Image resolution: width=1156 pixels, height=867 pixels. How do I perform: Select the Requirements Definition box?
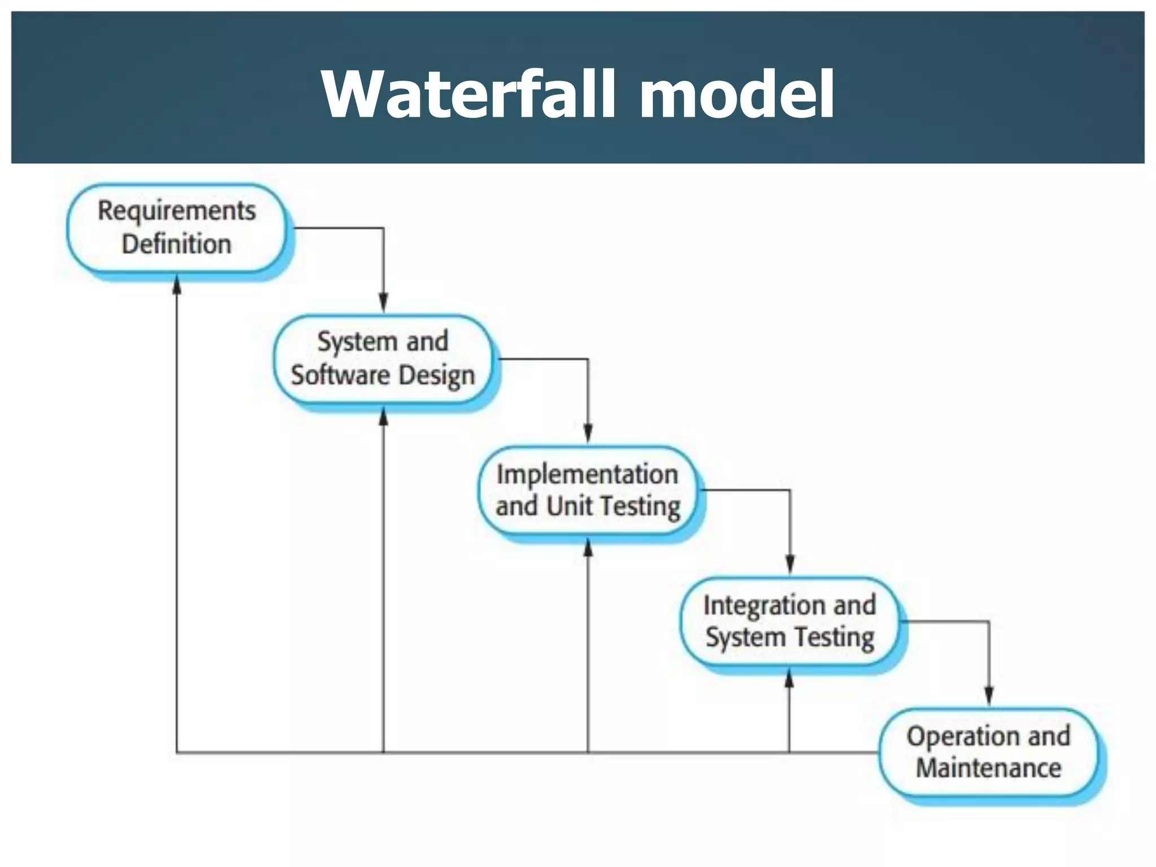coord(176,228)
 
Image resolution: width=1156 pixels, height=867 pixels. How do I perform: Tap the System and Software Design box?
coord(383,359)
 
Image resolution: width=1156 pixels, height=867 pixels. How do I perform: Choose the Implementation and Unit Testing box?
coord(587,490)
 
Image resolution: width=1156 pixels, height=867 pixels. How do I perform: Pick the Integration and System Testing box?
coord(789,621)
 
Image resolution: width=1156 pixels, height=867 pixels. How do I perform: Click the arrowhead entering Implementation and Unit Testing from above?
coord(588,433)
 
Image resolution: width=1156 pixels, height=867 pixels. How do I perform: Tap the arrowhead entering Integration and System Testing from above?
coord(790,564)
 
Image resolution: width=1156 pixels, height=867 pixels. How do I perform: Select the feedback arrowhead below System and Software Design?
coord(383,417)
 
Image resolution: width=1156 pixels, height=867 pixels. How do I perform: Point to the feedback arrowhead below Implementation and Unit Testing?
coord(588,548)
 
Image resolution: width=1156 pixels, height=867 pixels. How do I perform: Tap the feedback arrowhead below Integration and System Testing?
coord(789,679)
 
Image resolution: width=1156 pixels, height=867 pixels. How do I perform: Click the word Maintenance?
coord(988,768)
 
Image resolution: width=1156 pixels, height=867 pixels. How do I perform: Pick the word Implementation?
coord(587,474)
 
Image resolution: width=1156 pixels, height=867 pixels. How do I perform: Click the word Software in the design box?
coord(340,375)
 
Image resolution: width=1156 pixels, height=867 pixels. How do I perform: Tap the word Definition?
coord(176,244)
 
